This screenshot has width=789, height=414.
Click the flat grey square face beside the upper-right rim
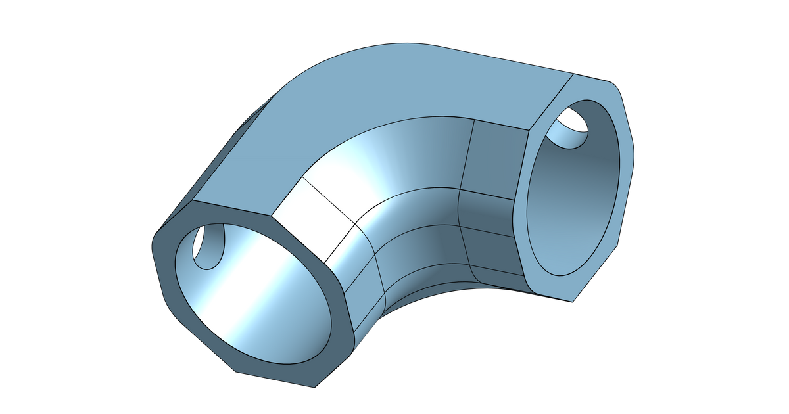(496, 158)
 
